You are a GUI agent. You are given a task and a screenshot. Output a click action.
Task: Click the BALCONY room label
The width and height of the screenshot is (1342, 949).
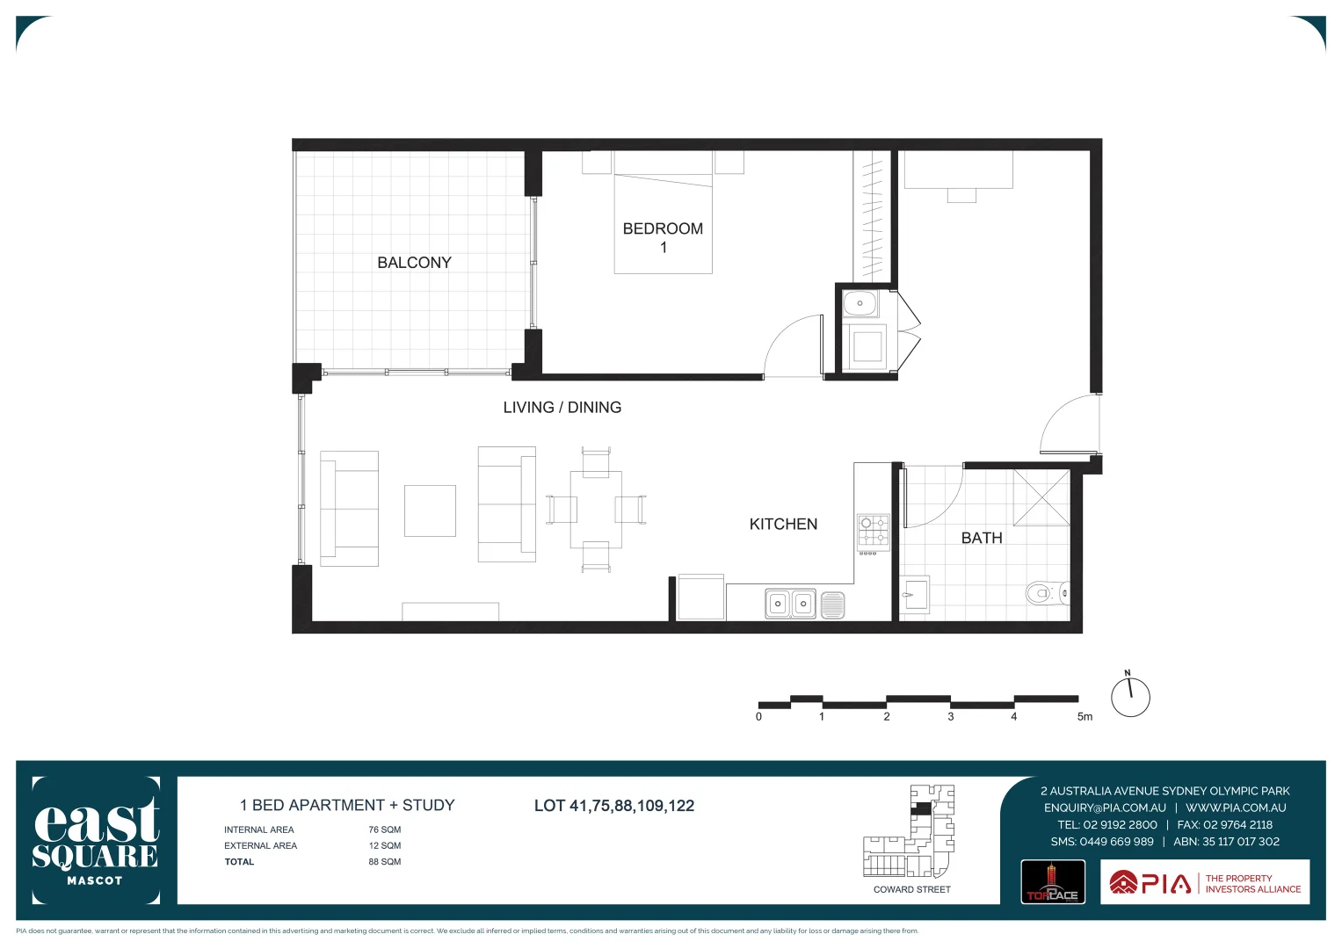[414, 263]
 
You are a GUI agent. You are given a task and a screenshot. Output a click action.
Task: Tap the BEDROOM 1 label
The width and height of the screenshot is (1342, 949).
[663, 237]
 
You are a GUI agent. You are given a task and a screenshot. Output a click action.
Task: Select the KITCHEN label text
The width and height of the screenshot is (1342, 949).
[783, 525]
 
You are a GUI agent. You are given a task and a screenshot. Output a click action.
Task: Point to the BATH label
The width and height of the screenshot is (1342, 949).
[982, 538]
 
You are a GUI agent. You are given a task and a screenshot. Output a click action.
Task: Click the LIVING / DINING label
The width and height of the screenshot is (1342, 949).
[562, 408]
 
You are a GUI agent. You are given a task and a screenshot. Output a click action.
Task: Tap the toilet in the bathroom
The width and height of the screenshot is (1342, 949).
[1043, 594]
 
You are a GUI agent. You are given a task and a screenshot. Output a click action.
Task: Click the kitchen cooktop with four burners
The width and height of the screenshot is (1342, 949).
[874, 532]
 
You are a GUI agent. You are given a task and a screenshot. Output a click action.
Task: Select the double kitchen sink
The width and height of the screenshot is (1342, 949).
[790, 604]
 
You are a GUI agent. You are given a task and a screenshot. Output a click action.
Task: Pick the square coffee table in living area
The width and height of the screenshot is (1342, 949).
[430, 511]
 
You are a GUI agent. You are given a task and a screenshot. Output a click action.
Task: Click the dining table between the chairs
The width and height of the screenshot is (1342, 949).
[596, 509]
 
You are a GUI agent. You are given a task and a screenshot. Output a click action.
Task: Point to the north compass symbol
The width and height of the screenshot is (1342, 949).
[1130, 697]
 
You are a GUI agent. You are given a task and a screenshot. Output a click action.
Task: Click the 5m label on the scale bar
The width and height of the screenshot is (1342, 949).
[1084, 717]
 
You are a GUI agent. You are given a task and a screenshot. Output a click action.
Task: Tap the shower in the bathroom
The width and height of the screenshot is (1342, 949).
[1041, 497]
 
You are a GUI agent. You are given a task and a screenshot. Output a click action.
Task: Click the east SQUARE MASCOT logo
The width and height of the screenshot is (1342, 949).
[96, 840]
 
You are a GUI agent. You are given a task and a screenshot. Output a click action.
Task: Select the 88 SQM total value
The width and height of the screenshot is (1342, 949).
[385, 862]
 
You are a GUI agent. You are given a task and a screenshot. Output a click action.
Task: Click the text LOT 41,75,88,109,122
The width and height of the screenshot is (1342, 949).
[614, 806]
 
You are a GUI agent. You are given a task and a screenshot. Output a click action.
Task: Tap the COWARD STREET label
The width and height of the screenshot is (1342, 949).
[911, 890]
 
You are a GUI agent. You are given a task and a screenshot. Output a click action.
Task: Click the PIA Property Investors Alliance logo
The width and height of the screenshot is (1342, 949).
[1205, 882]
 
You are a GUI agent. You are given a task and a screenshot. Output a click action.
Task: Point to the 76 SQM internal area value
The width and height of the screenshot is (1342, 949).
[385, 829]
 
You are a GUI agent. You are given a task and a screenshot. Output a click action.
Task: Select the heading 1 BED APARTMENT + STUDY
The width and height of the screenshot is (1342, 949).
[347, 805]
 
